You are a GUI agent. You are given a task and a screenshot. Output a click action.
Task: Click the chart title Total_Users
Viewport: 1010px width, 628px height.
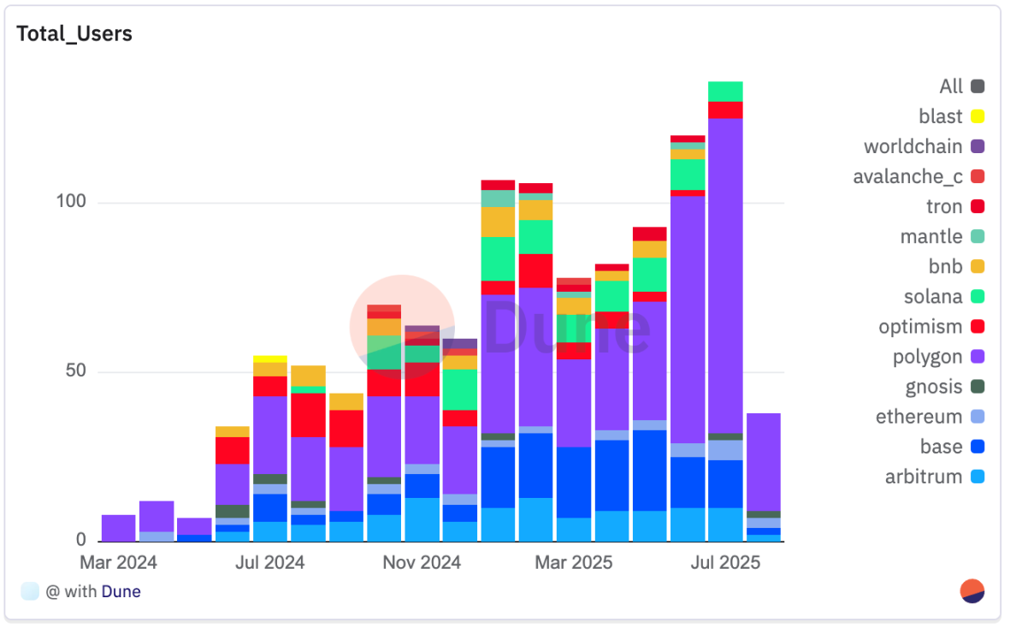pyautogui.click(x=74, y=34)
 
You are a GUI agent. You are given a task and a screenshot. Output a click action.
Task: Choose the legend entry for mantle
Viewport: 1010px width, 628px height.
pyautogui.click(x=931, y=237)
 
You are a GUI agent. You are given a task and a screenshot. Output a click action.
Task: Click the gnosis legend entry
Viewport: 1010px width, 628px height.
pyautogui.click(x=934, y=387)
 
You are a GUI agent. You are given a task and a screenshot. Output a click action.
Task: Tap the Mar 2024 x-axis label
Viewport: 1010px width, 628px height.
pyautogui.click(x=118, y=562)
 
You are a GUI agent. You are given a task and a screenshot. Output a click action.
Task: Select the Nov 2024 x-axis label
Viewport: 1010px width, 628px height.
pyautogui.click(x=421, y=562)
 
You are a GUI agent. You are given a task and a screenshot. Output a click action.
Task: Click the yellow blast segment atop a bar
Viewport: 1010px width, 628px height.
pyautogui.click(x=269, y=358)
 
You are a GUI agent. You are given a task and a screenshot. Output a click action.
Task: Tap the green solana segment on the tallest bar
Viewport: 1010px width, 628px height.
pyautogui.click(x=725, y=91)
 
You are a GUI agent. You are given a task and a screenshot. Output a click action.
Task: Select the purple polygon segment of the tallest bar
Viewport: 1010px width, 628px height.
pyautogui.click(x=725, y=274)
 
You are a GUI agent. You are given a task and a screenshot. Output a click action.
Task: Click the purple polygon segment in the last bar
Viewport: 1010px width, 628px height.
pyautogui.click(x=763, y=462)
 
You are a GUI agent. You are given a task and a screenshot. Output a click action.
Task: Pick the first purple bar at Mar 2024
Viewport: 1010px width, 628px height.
pyautogui.click(x=118, y=528)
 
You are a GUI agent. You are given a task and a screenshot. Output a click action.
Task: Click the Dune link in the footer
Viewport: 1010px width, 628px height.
pyautogui.click(x=121, y=591)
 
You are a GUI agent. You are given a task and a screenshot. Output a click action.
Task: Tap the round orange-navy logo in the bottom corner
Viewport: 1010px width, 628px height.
pyautogui.click(x=972, y=591)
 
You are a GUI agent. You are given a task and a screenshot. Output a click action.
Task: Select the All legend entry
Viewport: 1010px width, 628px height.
pyautogui.click(x=951, y=86)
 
